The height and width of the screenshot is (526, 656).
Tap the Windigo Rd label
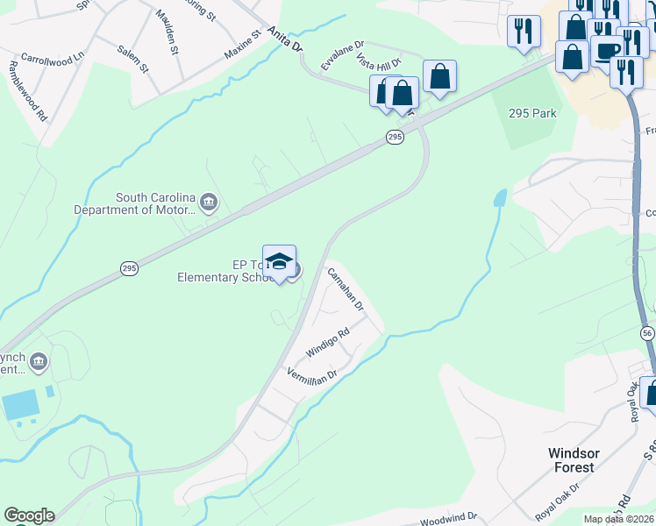click(x=328, y=342)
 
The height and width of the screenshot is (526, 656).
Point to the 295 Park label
click(x=532, y=113)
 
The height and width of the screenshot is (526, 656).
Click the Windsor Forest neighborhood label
click(x=574, y=459)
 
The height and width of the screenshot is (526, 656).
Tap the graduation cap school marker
click(x=279, y=261)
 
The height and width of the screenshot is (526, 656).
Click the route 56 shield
click(x=647, y=333)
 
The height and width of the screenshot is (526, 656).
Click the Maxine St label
click(x=242, y=46)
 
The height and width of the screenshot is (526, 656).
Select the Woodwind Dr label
click(x=447, y=517)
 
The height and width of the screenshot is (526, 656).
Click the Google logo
click(x=29, y=515)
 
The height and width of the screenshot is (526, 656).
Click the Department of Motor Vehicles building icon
click(x=209, y=203)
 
